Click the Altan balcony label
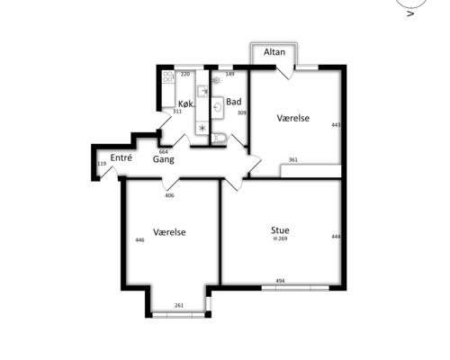[274, 52]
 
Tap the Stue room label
[280, 230]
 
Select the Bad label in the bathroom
[234, 102]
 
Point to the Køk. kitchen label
[186, 104]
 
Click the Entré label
[121, 157]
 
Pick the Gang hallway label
[164, 159]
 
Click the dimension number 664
[163, 152]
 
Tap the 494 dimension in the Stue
[280, 281]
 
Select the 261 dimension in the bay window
[179, 305]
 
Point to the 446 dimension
[139, 240]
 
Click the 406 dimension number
[169, 195]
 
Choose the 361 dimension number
[293, 160]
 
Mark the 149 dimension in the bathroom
[229, 74]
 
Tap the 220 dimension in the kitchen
[185, 74]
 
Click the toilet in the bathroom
[219, 139]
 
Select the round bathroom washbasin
[218, 107]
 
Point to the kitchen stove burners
[168, 76]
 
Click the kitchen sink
[202, 91]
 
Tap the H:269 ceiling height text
[280, 238]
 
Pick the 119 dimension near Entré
[102, 164]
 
